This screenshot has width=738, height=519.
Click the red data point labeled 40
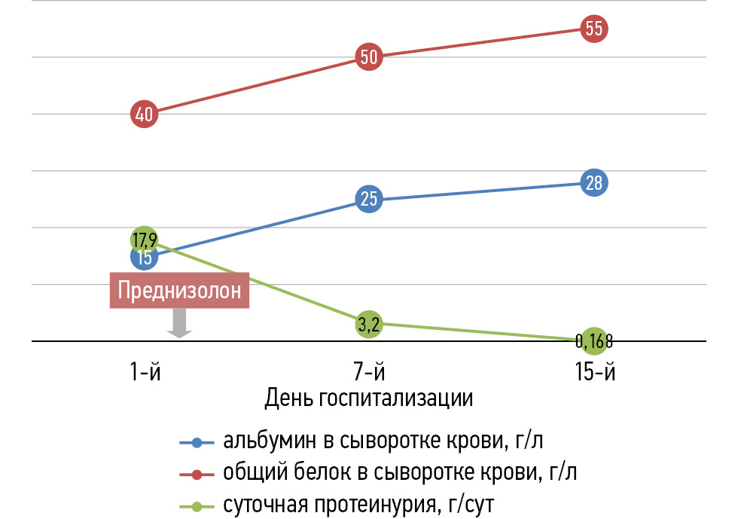click(x=144, y=114)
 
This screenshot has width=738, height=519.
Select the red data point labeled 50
click(x=369, y=57)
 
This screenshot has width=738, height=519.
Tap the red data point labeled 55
click(x=593, y=29)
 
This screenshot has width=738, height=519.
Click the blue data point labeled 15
click(x=144, y=258)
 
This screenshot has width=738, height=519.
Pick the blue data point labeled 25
click(x=369, y=200)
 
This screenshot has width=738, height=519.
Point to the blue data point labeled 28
click(x=593, y=183)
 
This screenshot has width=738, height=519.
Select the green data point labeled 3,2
click(x=369, y=324)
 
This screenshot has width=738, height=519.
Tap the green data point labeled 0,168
click(x=593, y=340)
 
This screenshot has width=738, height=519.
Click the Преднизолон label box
click(x=179, y=291)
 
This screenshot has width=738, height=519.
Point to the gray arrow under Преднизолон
click(x=179, y=324)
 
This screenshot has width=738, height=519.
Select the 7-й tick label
click(x=369, y=372)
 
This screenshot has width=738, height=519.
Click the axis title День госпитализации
click(x=369, y=398)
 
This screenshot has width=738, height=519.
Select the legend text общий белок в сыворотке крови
click(x=377, y=473)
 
